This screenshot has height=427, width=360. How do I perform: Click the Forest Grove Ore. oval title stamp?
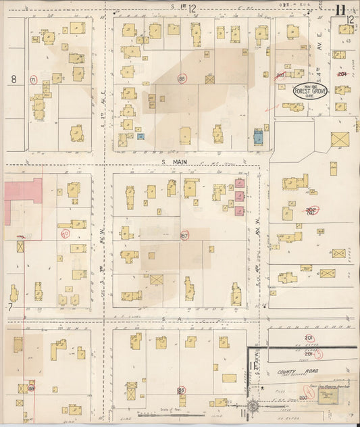pyautogui.click(x=310, y=91)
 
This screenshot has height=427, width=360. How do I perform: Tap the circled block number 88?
pyautogui.click(x=181, y=79)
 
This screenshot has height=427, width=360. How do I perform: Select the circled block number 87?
pyautogui.click(x=184, y=235)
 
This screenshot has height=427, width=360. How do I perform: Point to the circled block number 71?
pyautogui.click(x=33, y=80)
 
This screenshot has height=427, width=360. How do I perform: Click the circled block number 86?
pyautogui.click(x=181, y=390)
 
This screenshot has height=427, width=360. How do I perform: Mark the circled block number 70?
pyautogui.click(x=66, y=234)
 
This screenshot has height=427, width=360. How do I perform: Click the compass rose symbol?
pyautogui.click(x=253, y=406)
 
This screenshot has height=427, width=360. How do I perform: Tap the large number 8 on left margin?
pyautogui.click(x=13, y=79)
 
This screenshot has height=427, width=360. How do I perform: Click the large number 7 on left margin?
pyautogui.click(x=11, y=307)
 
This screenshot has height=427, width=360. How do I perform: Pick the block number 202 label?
pyautogui.click(x=311, y=210)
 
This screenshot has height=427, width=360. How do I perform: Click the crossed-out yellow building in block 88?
pyautogui.click(x=210, y=79)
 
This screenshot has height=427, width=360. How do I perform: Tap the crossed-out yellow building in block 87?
pyautogui.click(x=157, y=279)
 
